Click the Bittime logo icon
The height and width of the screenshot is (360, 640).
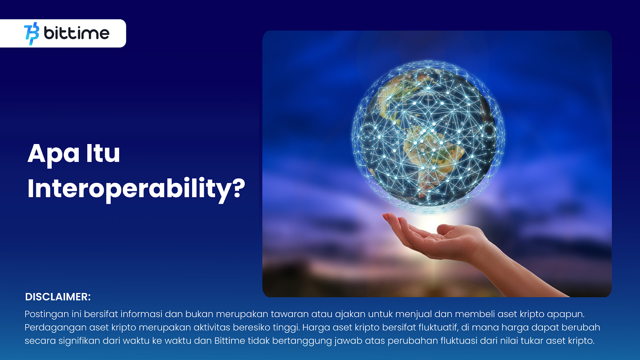point(32,34)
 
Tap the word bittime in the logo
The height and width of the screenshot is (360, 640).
point(76,33)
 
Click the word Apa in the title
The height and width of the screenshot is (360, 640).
point(54,154)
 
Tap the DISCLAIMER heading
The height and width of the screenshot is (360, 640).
point(58,297)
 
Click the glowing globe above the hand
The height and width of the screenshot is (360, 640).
point(428,136)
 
